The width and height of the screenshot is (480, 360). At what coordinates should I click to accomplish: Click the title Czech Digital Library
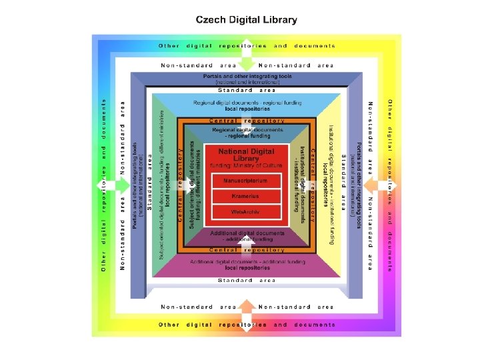pyautogui.click(x=246, y=19)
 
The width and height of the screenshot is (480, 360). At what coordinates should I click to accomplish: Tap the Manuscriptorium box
pyautogui.click(x=245, y=181)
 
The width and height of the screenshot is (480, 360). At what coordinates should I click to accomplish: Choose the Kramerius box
pyautogui.click(x=245, y=197)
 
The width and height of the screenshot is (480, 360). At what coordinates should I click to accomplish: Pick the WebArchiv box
pyautogui.click(x=245, y=212)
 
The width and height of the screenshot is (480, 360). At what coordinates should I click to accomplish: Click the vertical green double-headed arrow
pyautogui.click(x=246, y=61)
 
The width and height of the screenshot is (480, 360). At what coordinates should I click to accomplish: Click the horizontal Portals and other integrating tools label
pyautogui.click(x=246, y=79)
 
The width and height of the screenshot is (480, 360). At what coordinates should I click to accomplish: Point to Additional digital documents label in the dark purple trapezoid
pyautogui.click(x=246, y=236)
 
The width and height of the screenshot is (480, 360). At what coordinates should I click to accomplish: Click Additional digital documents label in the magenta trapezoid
pyautogui.click(x=246, y=265)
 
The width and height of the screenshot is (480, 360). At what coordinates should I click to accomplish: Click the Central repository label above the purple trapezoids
pyautogui.click(x=246, y=249)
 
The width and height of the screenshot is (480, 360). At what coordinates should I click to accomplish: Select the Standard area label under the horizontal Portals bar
pyautogui.click(x=246, y=90)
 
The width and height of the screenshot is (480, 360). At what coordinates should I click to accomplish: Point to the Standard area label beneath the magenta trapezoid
pyautogui.click(x=246, y=281)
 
